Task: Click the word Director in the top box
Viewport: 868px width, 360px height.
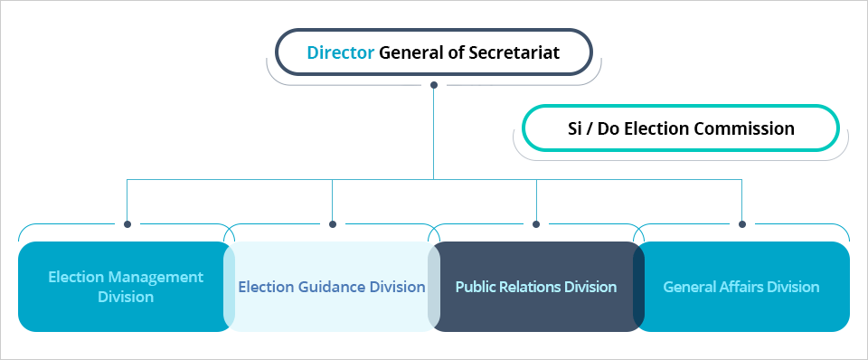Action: (340, 52)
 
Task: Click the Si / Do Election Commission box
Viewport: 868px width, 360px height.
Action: (681, 128)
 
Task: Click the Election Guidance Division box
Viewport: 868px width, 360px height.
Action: (331, 287)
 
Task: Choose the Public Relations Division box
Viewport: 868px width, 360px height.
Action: (535, 287)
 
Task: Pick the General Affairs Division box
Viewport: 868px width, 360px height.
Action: (741, 287)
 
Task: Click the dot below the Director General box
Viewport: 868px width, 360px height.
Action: (434, 85)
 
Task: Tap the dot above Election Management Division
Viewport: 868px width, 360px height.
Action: (127, 224)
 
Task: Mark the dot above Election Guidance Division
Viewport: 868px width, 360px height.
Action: (333, 224)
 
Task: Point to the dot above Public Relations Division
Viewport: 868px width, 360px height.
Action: (536, 224)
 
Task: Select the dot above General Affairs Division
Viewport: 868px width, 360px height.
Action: (742, 224)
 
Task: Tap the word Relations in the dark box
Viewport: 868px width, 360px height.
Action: (529, 287)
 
